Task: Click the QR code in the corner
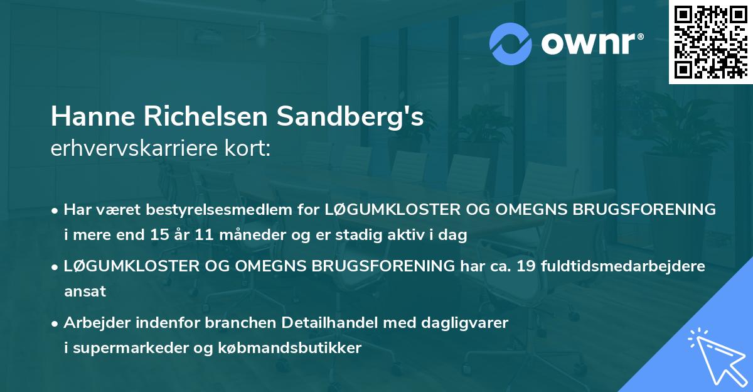point(710,42)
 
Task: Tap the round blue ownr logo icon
point(511,43)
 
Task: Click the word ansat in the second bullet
point(85,291)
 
